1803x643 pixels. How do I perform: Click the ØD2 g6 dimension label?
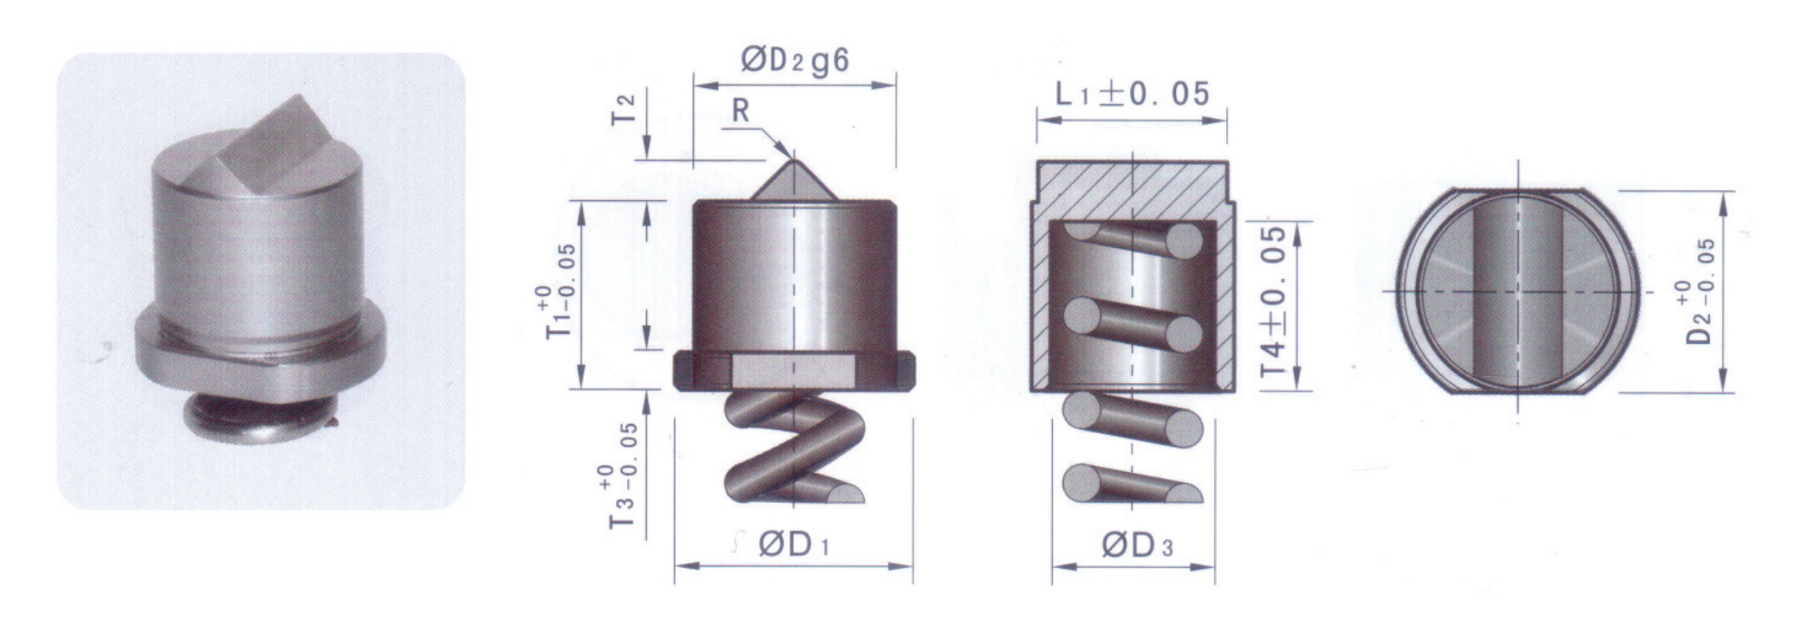point(795,61)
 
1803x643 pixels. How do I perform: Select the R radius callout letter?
point(741,110)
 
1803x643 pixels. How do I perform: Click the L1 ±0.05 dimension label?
point(1133,93)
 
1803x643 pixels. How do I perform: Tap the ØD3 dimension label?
point(1137,545)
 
